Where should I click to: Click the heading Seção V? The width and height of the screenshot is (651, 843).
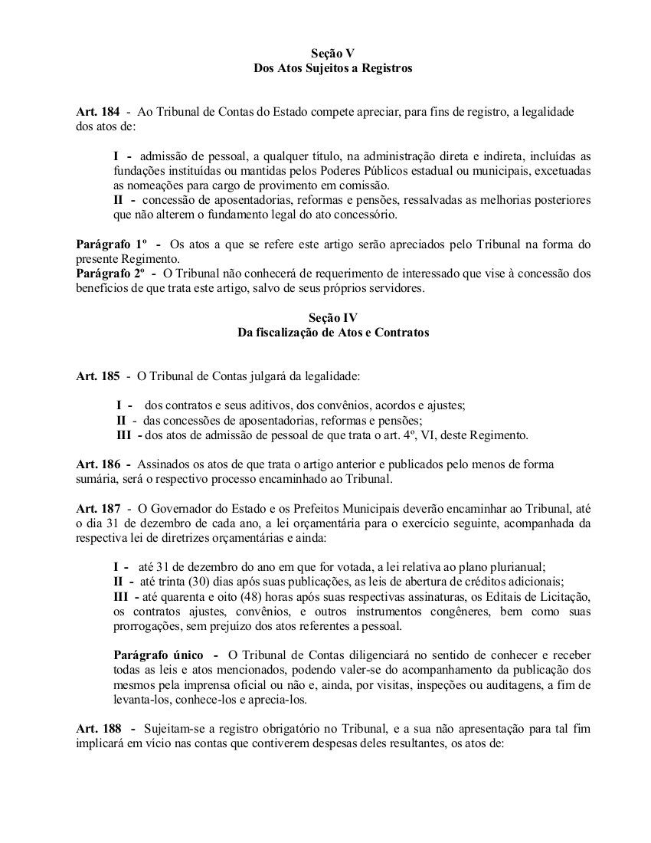(x=333, y=54)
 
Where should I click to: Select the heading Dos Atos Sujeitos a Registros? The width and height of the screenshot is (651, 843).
(x=333, y=68)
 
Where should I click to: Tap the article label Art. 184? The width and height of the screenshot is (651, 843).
(x=97, y=112)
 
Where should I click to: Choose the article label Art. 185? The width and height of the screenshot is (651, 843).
(x=97, y=376)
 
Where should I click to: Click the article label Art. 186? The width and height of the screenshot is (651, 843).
(x=97, y=464)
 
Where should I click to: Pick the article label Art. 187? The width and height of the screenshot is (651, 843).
(x=97, y=509)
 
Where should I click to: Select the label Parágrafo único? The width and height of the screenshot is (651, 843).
(x=159, y=655)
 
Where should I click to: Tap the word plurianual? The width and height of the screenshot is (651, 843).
(x=517, y=567)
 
